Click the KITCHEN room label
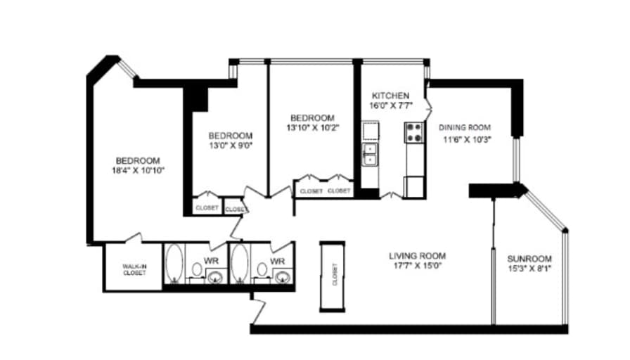click(390, 96)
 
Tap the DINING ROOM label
click(465, 127)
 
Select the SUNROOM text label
click(529, 259)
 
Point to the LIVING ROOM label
click(417, 256)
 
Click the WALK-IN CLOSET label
click(134, 269)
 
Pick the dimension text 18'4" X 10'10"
click(139, 170)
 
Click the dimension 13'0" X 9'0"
click(231, 146)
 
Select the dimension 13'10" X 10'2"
click(313, 128)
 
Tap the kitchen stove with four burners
click(414, 133)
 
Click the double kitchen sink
click(370, 154)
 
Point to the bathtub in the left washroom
click(174, 262)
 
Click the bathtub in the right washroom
click(240, 262)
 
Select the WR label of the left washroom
click(211, 261)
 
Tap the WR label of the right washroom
click(277, 261)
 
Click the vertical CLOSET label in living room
click(335, 274)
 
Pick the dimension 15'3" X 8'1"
click(529, 269)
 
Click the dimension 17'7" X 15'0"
click(417, 266)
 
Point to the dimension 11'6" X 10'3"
click(468, 140)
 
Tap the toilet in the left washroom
click(197, 269)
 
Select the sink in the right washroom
click(283, 276)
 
